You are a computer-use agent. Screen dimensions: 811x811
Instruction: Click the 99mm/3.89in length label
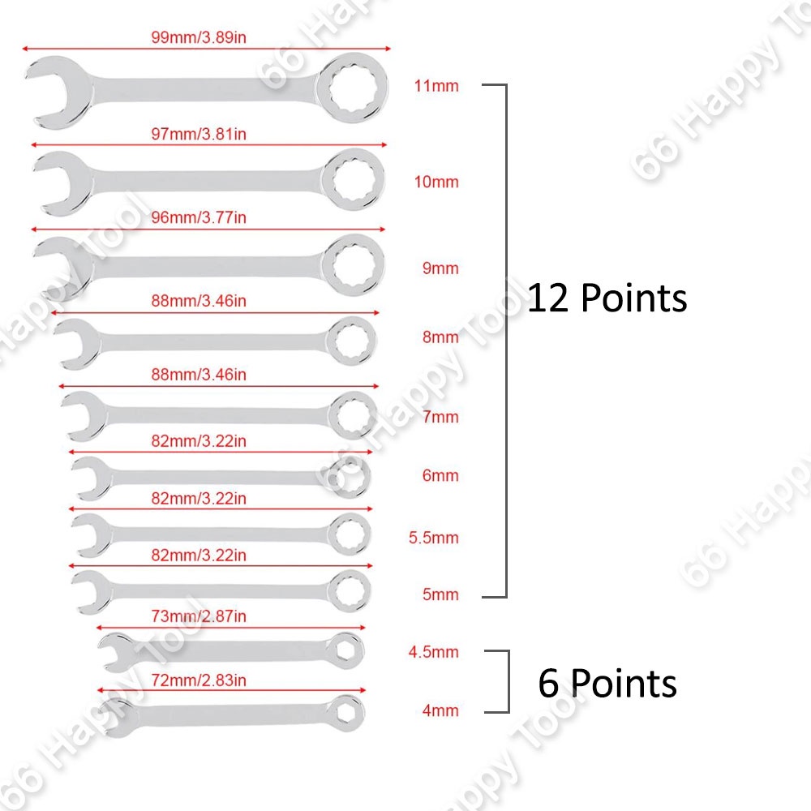(198, 37)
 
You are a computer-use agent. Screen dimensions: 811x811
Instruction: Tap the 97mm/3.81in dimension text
(198, 133)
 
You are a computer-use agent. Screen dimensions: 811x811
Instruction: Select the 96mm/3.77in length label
(198, 217)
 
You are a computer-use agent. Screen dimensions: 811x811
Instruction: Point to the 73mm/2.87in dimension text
(198, 616)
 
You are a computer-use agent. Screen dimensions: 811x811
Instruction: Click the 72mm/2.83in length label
(198, 680)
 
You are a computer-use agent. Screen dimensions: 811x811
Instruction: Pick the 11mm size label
(436, 86)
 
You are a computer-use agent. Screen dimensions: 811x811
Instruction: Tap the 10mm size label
(436, 182)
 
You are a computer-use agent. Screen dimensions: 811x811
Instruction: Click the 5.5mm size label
(434, 538)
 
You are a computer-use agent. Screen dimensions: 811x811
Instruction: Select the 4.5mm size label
(434, 652)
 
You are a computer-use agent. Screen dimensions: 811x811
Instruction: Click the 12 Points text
(607, 298)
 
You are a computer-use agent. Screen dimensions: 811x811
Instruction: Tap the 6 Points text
(607, 684)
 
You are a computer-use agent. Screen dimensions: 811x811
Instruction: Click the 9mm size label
(440, 268)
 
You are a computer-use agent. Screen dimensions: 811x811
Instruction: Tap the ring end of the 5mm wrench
(351, 590)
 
